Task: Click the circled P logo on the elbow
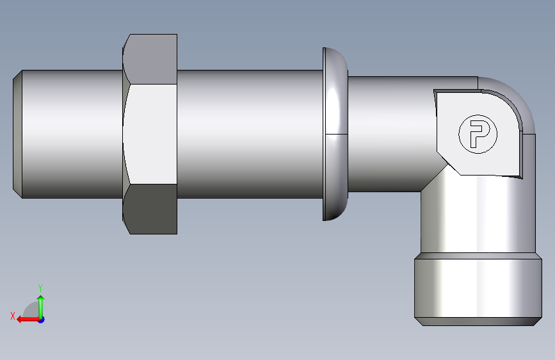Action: pos(478,135)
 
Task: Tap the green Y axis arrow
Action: pos(41,307)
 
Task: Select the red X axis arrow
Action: pos(28,320)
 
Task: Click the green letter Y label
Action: pos(40,288)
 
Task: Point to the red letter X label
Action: pos(13,316)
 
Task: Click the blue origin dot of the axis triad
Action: pos(42,320)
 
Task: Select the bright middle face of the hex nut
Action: pos(150,134)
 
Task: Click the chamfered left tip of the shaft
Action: pos(18,134)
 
